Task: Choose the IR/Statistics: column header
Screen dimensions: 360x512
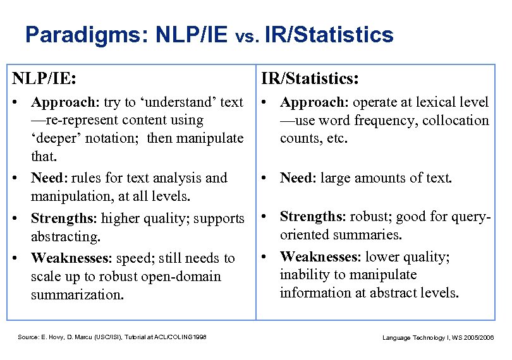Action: click(x=310, y=78)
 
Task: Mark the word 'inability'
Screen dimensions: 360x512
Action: click(x=304, y=275)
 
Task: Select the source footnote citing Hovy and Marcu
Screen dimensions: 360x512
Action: click(x=113, y=337)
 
